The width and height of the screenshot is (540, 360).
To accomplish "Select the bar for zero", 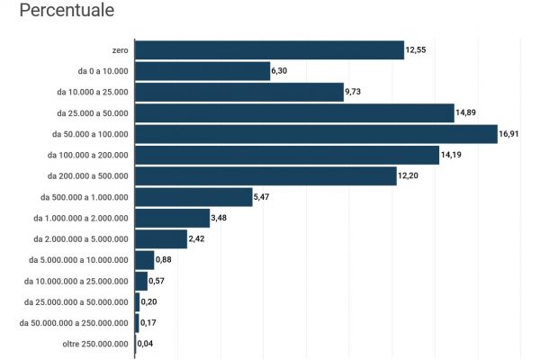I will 269,50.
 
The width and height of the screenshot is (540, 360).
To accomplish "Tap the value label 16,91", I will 511,134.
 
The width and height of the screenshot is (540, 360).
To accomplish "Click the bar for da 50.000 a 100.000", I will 316,134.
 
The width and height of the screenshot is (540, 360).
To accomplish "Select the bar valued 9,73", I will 239,92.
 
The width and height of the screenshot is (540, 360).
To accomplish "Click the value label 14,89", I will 467,113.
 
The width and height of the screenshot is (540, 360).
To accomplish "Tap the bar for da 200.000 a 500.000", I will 265,176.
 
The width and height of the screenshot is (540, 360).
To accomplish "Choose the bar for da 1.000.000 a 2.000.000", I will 172,218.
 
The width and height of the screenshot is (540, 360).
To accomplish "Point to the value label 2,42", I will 199,239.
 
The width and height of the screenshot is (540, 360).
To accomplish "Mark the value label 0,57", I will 157,281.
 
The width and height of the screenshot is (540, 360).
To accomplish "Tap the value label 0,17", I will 149,322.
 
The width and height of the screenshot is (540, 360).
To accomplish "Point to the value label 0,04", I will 146,344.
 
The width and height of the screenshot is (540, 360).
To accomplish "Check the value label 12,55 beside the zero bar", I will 416,50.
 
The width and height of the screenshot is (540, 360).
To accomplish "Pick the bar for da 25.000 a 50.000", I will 294,113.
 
